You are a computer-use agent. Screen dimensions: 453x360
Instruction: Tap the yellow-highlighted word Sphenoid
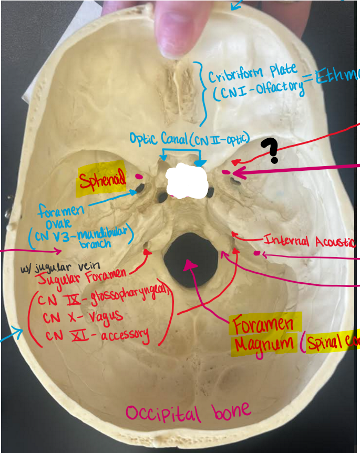(x=103, y=181)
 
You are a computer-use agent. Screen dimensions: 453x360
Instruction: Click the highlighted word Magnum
(x=264, y=344)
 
